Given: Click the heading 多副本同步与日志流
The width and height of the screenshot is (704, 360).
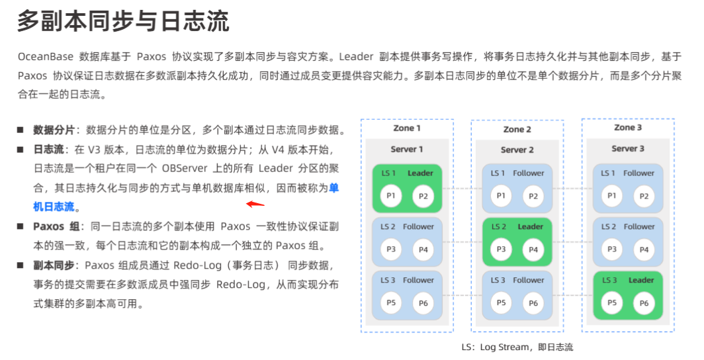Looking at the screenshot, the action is point(123,22).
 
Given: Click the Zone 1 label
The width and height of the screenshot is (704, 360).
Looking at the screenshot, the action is point(406,128).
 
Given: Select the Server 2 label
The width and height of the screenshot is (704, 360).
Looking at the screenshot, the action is point(517,150).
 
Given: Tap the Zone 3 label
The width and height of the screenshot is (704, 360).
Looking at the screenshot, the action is point(627,127).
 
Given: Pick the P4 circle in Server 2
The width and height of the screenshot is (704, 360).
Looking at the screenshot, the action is point(533,249).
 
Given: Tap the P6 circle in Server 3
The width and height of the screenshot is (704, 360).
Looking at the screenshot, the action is point(642,302).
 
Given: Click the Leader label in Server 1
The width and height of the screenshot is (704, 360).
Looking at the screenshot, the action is point(420,173).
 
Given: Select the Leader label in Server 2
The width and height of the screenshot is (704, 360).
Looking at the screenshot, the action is point(530,226).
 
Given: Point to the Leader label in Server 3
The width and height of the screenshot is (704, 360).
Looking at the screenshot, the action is point(640,280).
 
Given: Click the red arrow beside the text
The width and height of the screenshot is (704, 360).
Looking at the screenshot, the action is point(255,205).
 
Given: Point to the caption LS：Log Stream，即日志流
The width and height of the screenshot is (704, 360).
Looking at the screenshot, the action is point(517,347).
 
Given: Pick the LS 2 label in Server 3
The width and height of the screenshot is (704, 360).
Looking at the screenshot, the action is point(609,226).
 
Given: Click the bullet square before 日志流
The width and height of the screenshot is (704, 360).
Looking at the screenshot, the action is point(21,150).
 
